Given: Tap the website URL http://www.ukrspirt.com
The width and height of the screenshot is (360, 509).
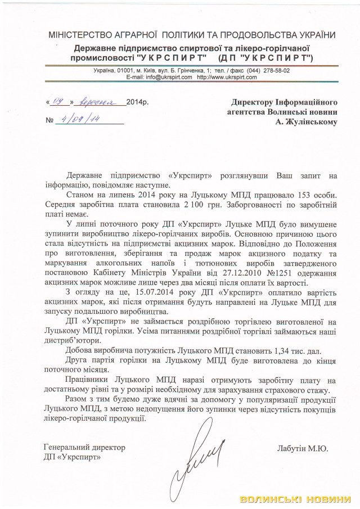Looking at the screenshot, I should click(223, 77).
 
